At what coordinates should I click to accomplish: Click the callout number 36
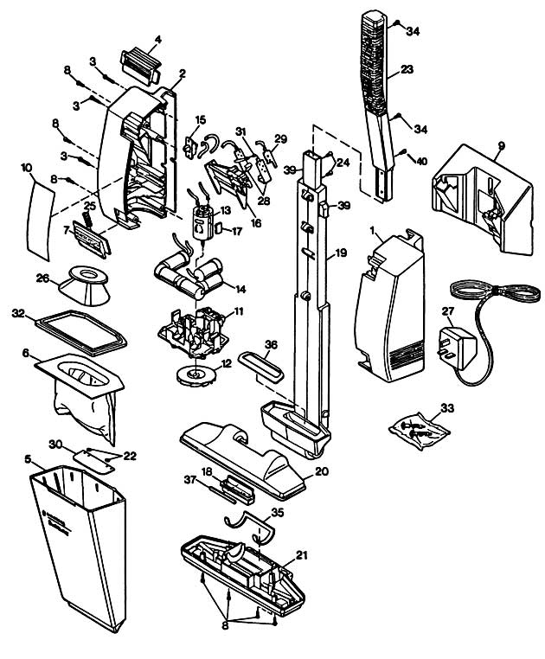[x=271, y=344]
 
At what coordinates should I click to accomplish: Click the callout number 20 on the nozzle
[x=321, y=471]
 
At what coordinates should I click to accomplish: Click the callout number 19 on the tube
[x=341, y=253]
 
